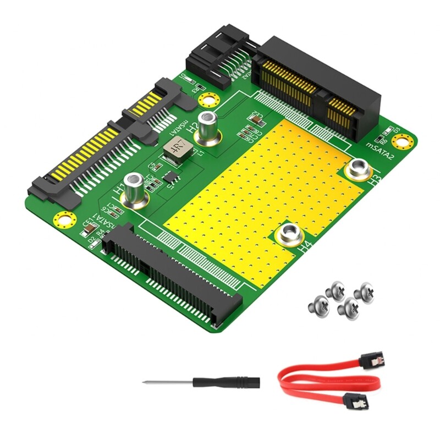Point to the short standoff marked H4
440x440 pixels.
pos(288,235)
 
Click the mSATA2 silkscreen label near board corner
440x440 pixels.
pos(381,147)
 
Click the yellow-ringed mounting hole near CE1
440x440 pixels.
pos(64,219)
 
